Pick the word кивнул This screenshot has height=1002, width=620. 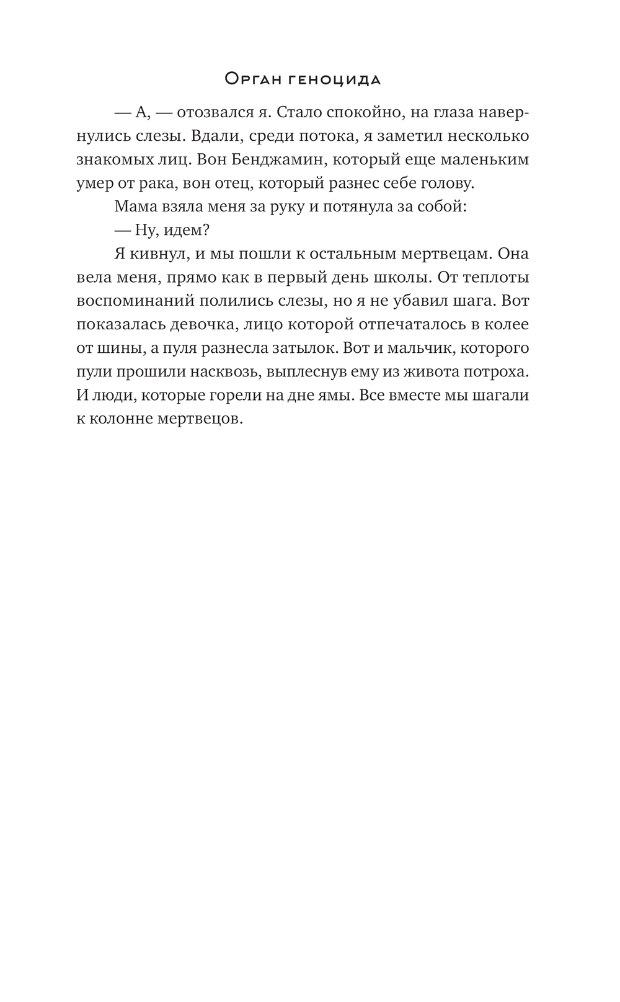coord(156,254)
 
